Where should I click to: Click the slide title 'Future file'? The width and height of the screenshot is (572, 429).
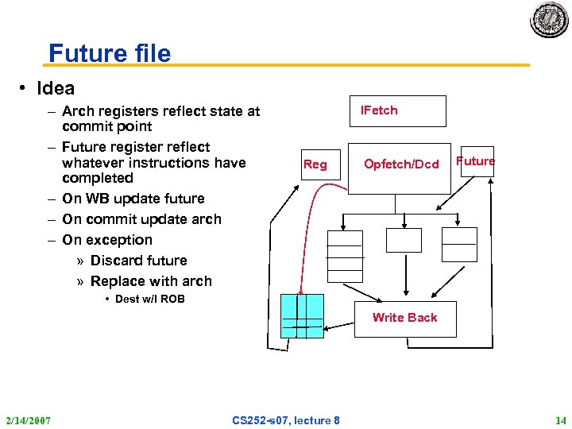coord(110,53)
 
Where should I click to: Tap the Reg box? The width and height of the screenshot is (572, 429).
coord(315,164)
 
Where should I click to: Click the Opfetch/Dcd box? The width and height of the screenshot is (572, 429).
coord(400,164)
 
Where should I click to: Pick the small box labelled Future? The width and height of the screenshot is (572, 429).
coord(476,161)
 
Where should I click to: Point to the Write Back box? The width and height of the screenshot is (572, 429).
coord(404,318)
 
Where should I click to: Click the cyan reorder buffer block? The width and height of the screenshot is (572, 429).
coord(303,316)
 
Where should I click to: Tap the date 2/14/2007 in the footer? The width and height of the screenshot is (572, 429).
coord(28,419)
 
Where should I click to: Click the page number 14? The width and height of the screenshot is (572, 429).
coord(560,419)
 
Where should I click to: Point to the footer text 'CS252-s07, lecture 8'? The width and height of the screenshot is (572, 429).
coord(286,419)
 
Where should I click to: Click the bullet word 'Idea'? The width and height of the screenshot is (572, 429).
coord(55,88)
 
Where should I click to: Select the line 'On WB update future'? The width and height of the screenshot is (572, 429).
coord(133,199)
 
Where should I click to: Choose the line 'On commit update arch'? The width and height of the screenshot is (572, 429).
coord(141,219)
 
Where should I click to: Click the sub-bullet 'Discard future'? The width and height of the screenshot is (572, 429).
coord(138,261)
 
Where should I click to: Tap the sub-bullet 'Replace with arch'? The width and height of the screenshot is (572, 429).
coord(151,281)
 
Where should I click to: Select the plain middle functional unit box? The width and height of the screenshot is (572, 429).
coord(404,240)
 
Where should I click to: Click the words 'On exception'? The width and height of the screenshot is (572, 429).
coord(106,240)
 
